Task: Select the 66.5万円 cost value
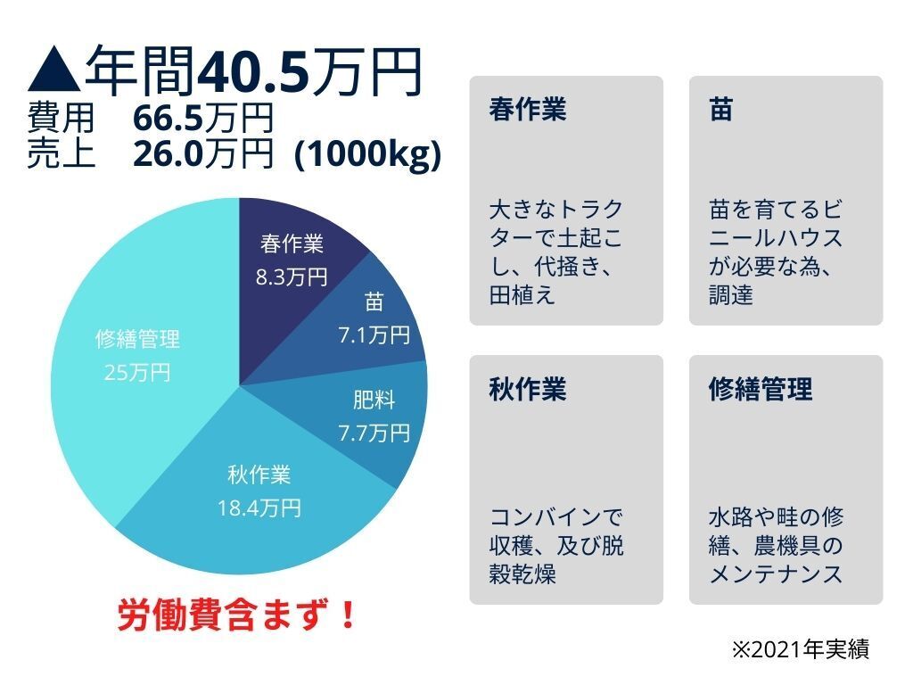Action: point(202,120)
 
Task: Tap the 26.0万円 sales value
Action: point(202,154)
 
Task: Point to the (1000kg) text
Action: point(367,154)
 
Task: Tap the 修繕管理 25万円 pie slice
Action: point(134,357)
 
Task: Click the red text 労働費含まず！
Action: point(237,615)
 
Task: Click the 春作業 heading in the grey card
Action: point(528,111)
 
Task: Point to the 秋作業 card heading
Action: point(528,390)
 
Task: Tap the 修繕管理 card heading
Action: point(761,390)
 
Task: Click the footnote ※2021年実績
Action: point(800,649)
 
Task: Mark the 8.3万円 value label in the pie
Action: point(292,276)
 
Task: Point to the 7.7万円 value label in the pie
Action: point(374,433)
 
